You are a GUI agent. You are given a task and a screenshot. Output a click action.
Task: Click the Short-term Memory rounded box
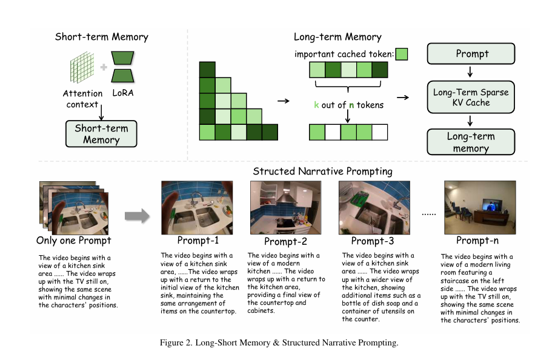(101, 133)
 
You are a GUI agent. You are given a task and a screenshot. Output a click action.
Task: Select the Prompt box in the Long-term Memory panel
(471, 53)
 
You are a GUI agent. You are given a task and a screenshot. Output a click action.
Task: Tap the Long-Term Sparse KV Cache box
(471, 97)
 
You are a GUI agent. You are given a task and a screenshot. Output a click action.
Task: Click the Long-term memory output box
(471, 142)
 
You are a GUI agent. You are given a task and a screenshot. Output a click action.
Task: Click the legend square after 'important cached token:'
(401, 54)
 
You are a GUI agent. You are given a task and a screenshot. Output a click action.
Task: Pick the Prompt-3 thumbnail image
(373, 206)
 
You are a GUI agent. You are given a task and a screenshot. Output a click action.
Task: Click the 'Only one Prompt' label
(74, 241)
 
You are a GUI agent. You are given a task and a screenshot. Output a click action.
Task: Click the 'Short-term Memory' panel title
(101, 37)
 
